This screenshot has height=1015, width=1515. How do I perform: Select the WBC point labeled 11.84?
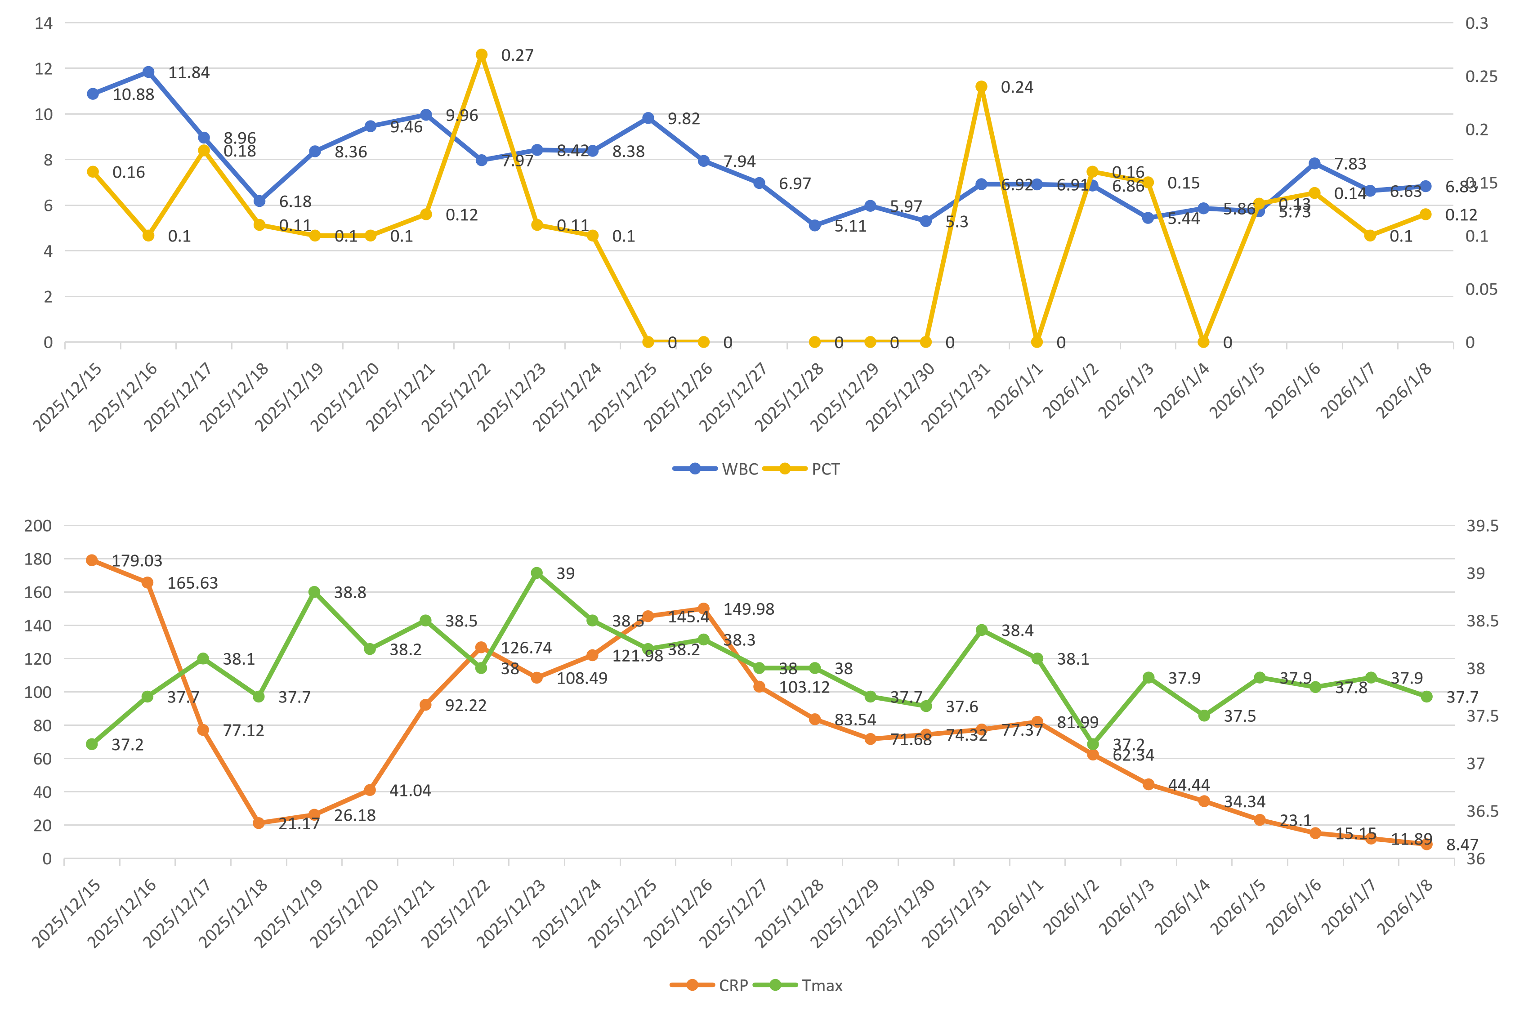point(148,71)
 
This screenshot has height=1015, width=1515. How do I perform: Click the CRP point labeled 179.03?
point(92,560)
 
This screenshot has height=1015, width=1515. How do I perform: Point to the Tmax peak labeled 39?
point(536,573)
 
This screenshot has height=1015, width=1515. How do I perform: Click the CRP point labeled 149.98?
point(703,608)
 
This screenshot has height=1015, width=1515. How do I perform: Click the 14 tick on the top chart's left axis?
point(43,23)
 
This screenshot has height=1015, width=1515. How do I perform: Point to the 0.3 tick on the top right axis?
point(1476,23)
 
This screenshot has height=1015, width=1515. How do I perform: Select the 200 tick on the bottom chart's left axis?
point(37,526)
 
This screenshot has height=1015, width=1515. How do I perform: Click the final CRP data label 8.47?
point(1462,845)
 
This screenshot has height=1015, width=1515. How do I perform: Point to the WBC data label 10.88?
point(133,94)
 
